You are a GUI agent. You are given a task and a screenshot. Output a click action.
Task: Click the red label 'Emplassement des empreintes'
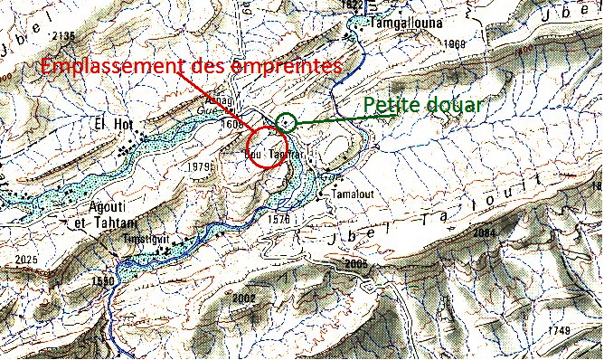(x=193, y=67)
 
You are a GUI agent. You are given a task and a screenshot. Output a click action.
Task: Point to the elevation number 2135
(x=62, y=35)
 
